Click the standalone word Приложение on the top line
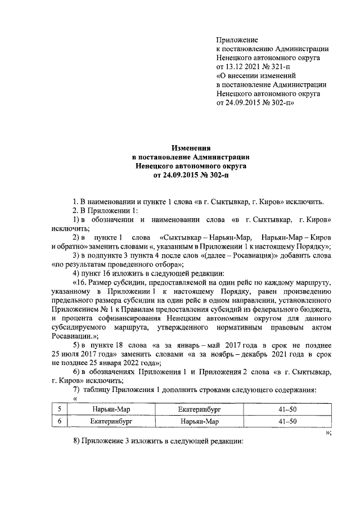click(237, 40)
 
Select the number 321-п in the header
click(277, 66)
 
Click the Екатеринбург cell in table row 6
click(111, 421)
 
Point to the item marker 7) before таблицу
click(78, 390)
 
